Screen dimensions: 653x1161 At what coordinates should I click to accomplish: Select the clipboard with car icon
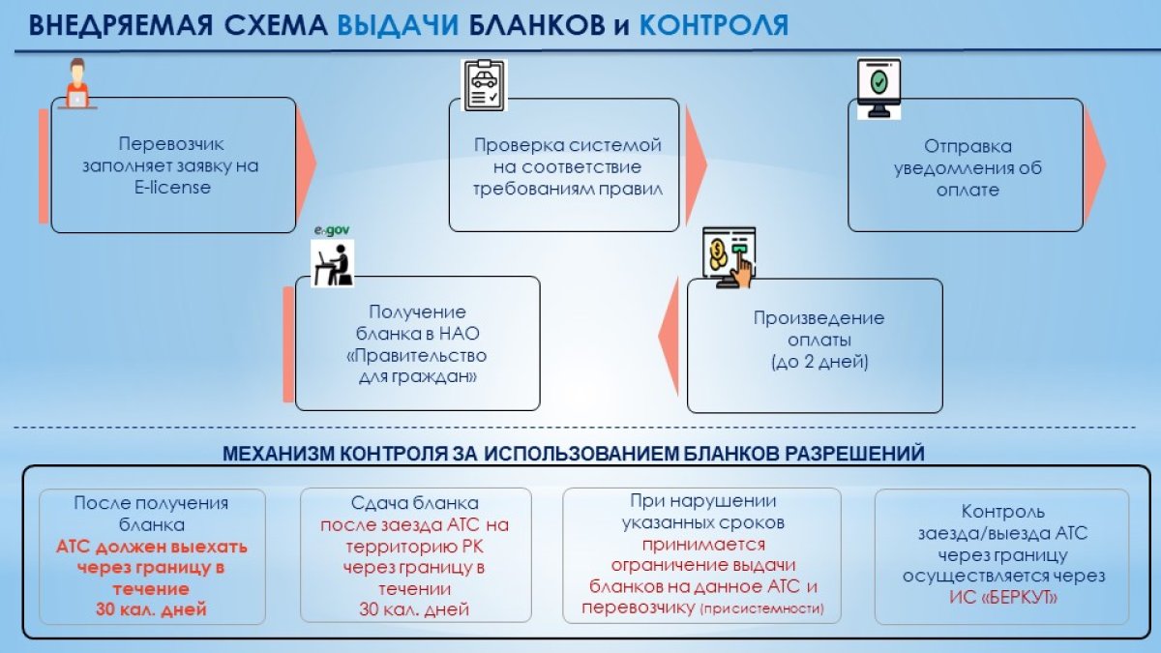click(x=484, y=85)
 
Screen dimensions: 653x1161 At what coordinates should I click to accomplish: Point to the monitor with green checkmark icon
click(x=878, y=87)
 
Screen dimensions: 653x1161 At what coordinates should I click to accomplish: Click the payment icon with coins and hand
click(x=729, y=257)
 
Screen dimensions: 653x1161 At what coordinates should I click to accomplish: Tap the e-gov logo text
click(x=332, y=231)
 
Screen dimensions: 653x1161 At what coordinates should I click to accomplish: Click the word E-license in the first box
click(x=173, y=187)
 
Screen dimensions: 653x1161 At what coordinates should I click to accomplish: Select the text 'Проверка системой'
click(x=567, y=145)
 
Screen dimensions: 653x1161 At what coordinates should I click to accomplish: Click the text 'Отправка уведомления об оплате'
click(x=967, y=168)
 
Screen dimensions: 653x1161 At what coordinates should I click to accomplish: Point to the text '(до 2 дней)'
click(x=819, y=363)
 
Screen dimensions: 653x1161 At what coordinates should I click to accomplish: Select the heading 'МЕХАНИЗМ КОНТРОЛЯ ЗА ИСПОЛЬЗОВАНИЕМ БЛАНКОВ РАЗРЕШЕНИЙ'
click(x=574, y=453)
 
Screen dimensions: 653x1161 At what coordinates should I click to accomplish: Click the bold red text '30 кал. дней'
click(x=151, y=609)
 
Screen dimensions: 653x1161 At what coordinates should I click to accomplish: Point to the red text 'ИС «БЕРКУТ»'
click(x=1001, y=598)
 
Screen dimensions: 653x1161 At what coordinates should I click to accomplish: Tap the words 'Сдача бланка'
click(x=416, y=504)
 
